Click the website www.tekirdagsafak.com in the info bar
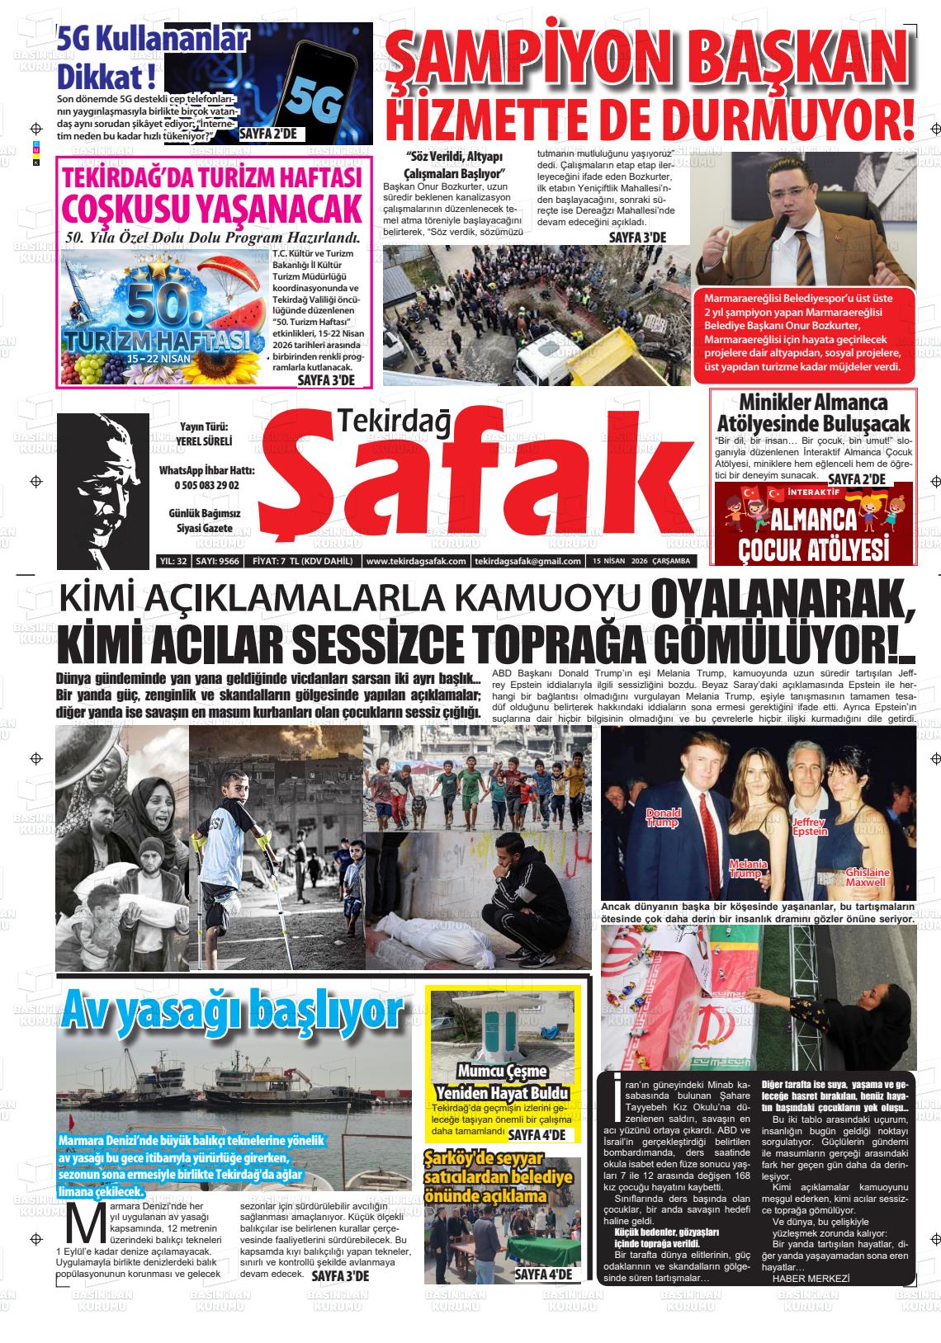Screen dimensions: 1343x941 point(415,562)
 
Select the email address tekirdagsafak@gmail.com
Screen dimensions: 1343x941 point(527,562)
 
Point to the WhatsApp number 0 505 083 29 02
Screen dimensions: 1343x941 point(206,486)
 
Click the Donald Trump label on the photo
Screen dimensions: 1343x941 point(662,817)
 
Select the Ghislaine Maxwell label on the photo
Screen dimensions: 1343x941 point(868,877)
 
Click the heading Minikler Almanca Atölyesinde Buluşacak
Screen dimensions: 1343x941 point(814,413)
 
